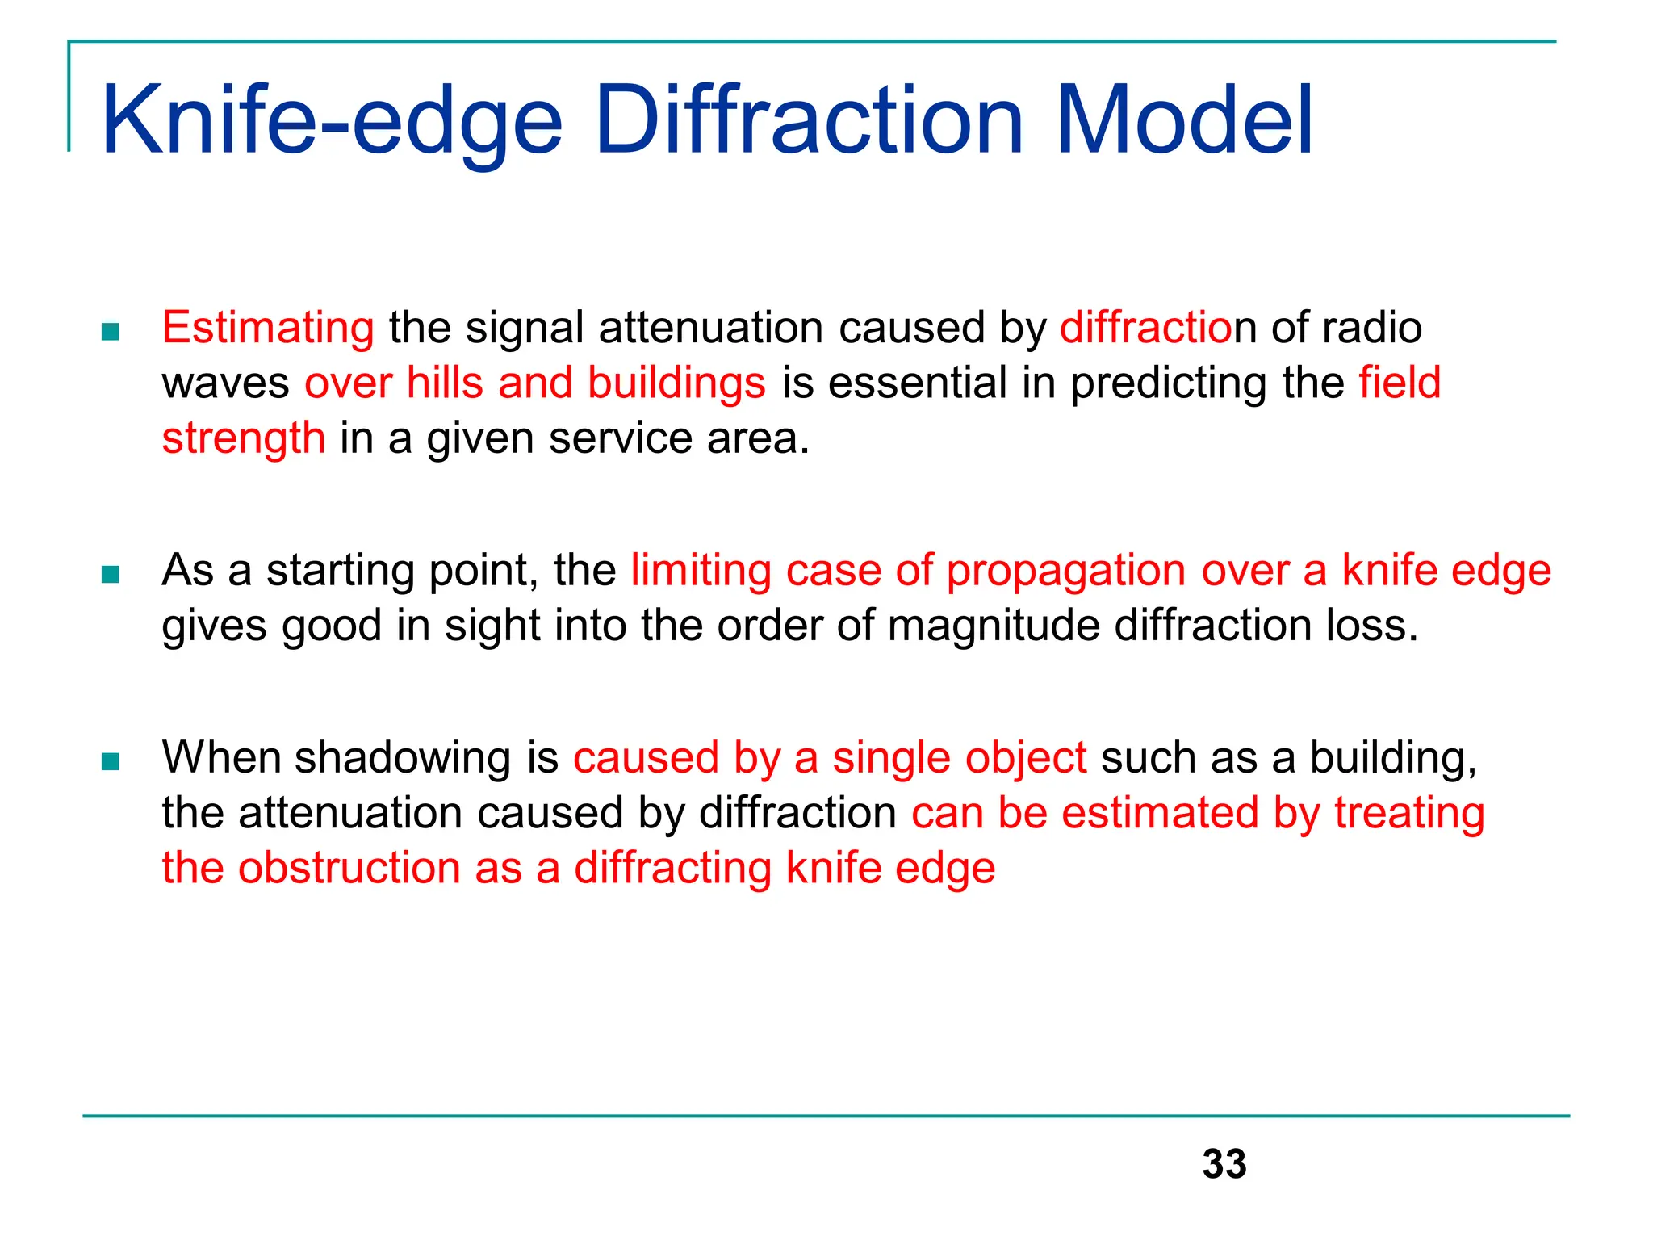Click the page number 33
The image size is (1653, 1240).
1224,1164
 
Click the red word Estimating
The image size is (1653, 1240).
268,329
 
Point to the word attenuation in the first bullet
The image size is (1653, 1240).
711,329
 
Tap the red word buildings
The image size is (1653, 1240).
676,383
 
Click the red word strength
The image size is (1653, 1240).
244,438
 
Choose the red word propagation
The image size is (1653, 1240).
1065,572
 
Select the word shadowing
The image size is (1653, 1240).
403,759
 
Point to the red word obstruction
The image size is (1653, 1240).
349,869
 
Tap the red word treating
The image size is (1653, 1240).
1409,814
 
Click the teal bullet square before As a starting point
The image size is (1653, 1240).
111,574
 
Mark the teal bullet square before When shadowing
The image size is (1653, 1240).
111,761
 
